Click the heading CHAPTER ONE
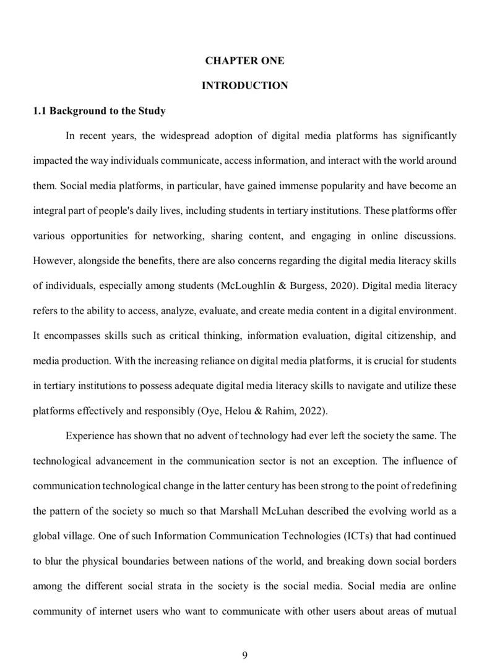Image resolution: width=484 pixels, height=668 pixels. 244,61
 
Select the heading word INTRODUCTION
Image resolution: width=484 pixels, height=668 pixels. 244,85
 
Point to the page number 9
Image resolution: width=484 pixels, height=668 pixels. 245,656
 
